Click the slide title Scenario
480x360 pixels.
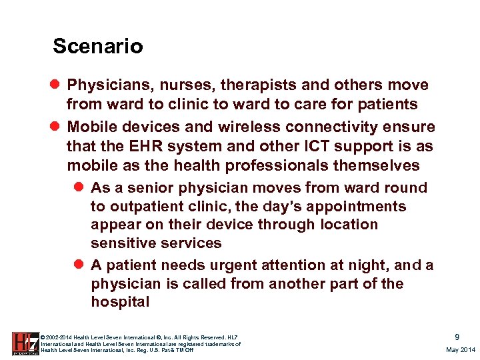click(97, 46)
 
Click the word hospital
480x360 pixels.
click(120, 302)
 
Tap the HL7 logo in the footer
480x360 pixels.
click(25, 343)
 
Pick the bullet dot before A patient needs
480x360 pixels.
click(81, 265)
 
